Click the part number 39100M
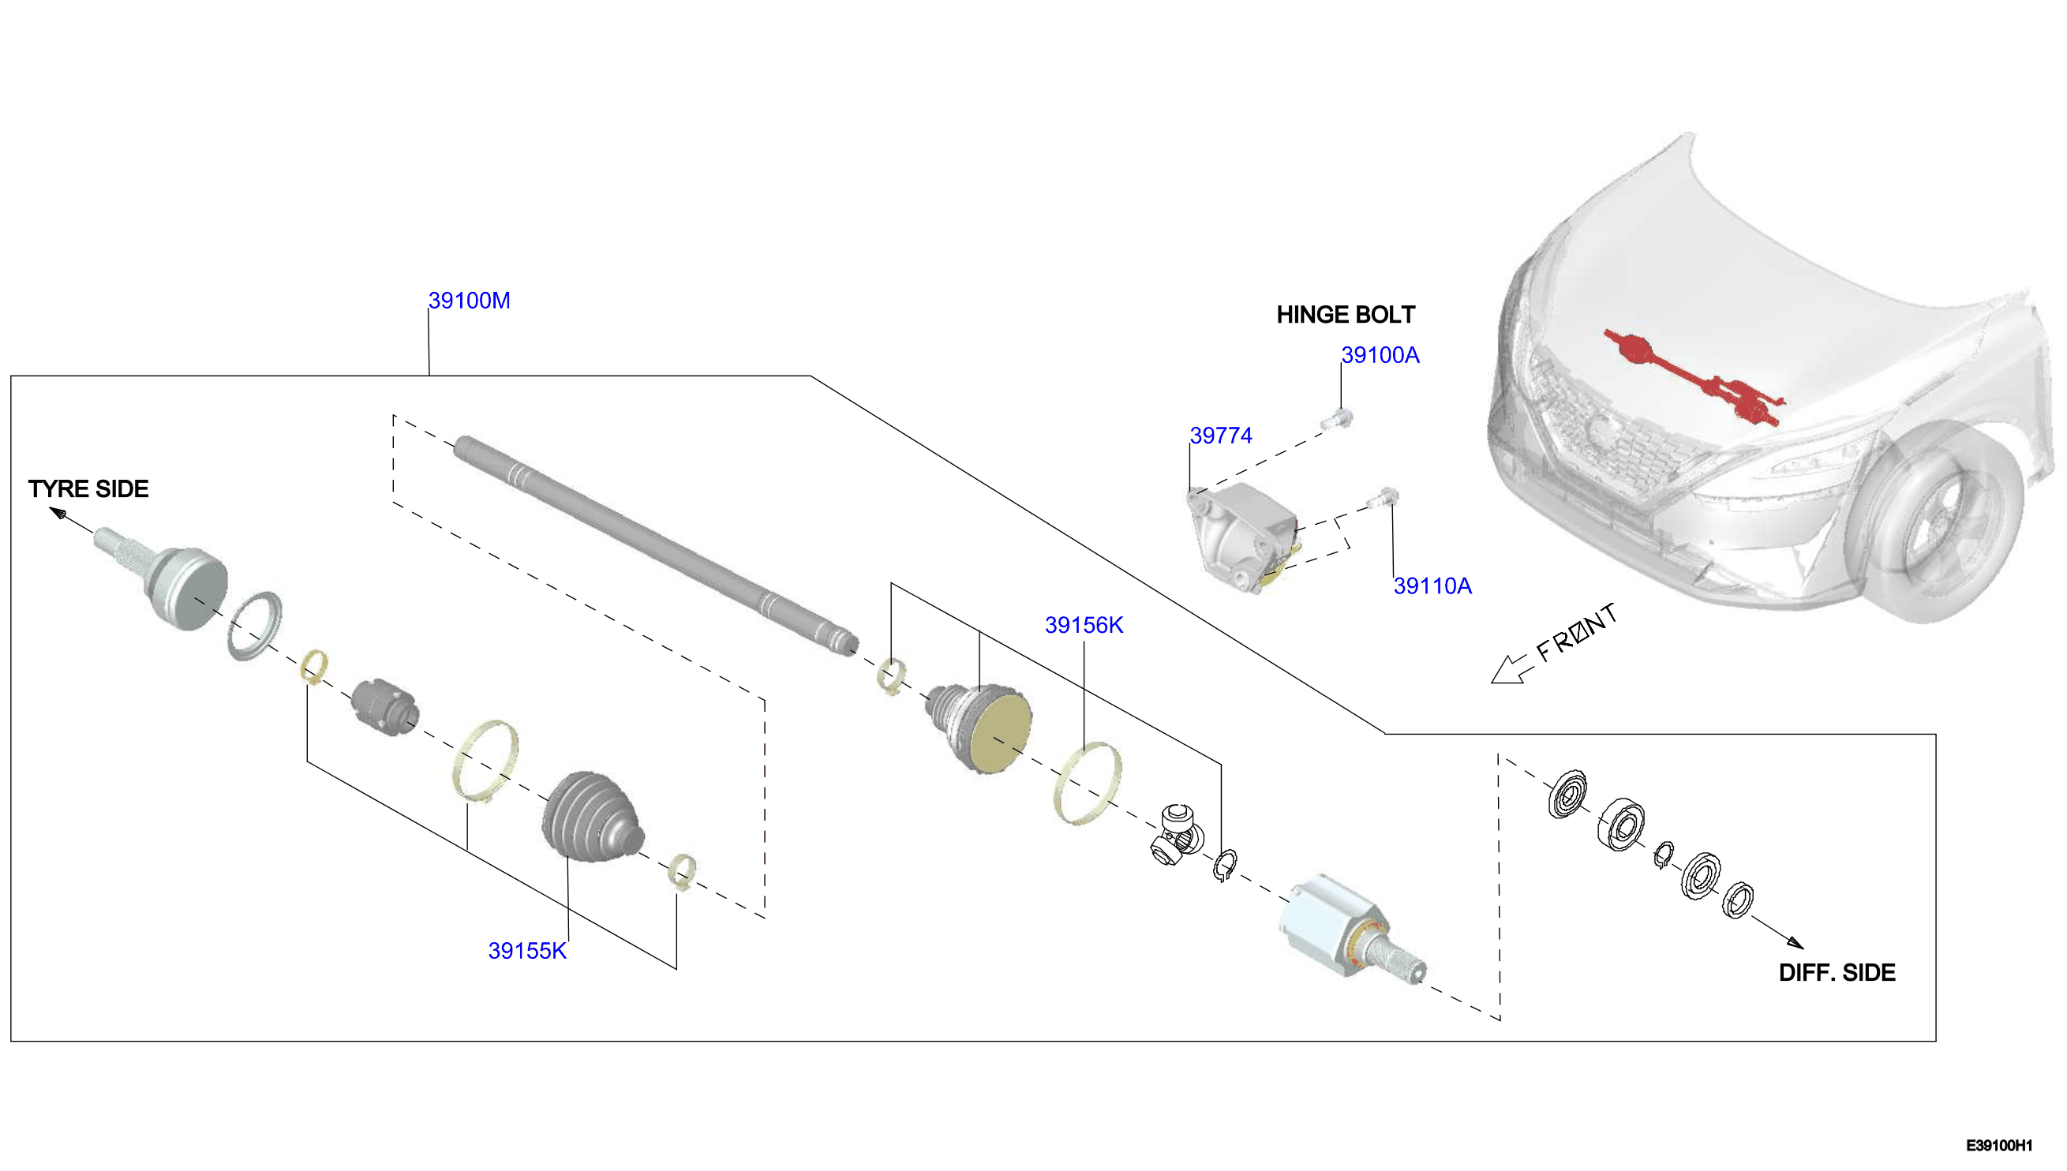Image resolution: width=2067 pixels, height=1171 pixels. [469, 301]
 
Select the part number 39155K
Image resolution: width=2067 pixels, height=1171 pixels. [528, 951]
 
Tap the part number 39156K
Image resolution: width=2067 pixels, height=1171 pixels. [1084, 625]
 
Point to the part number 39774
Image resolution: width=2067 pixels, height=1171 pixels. [1221, 435]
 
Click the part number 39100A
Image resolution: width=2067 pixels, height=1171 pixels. [1380, 354]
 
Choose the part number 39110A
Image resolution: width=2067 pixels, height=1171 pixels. [1432, 585]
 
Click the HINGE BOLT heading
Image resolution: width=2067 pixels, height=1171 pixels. [1346, 315]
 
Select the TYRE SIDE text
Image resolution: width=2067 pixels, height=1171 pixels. [88, 489]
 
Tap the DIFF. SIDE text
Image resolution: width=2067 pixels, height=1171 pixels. [1837, 972]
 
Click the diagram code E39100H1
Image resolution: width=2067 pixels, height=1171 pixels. [1999, 1145]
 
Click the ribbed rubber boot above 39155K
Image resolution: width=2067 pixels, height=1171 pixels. [593, 817]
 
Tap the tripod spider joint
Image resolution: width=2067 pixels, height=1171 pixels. [1177, 834]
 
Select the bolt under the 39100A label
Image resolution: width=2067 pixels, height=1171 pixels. [1338, 419]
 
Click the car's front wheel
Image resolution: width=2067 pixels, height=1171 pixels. [1934, 522]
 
